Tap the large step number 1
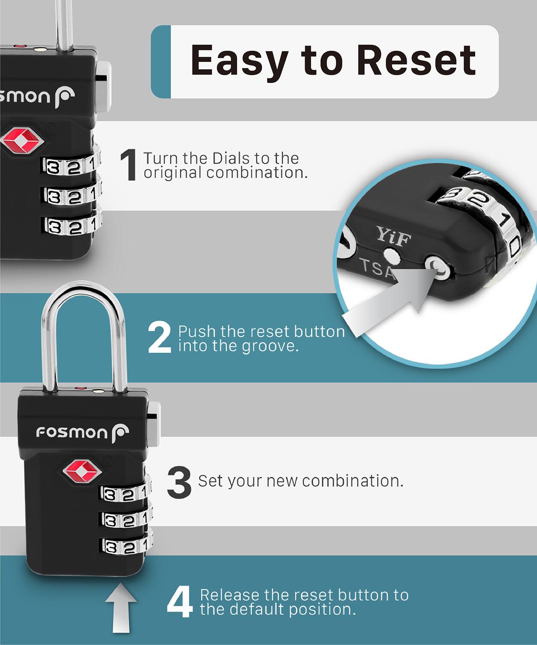(x=128, y=165)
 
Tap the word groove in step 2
(x=270, y=346)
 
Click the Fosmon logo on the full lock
(x=82, y=432)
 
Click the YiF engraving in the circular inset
(x=394, y=236)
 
